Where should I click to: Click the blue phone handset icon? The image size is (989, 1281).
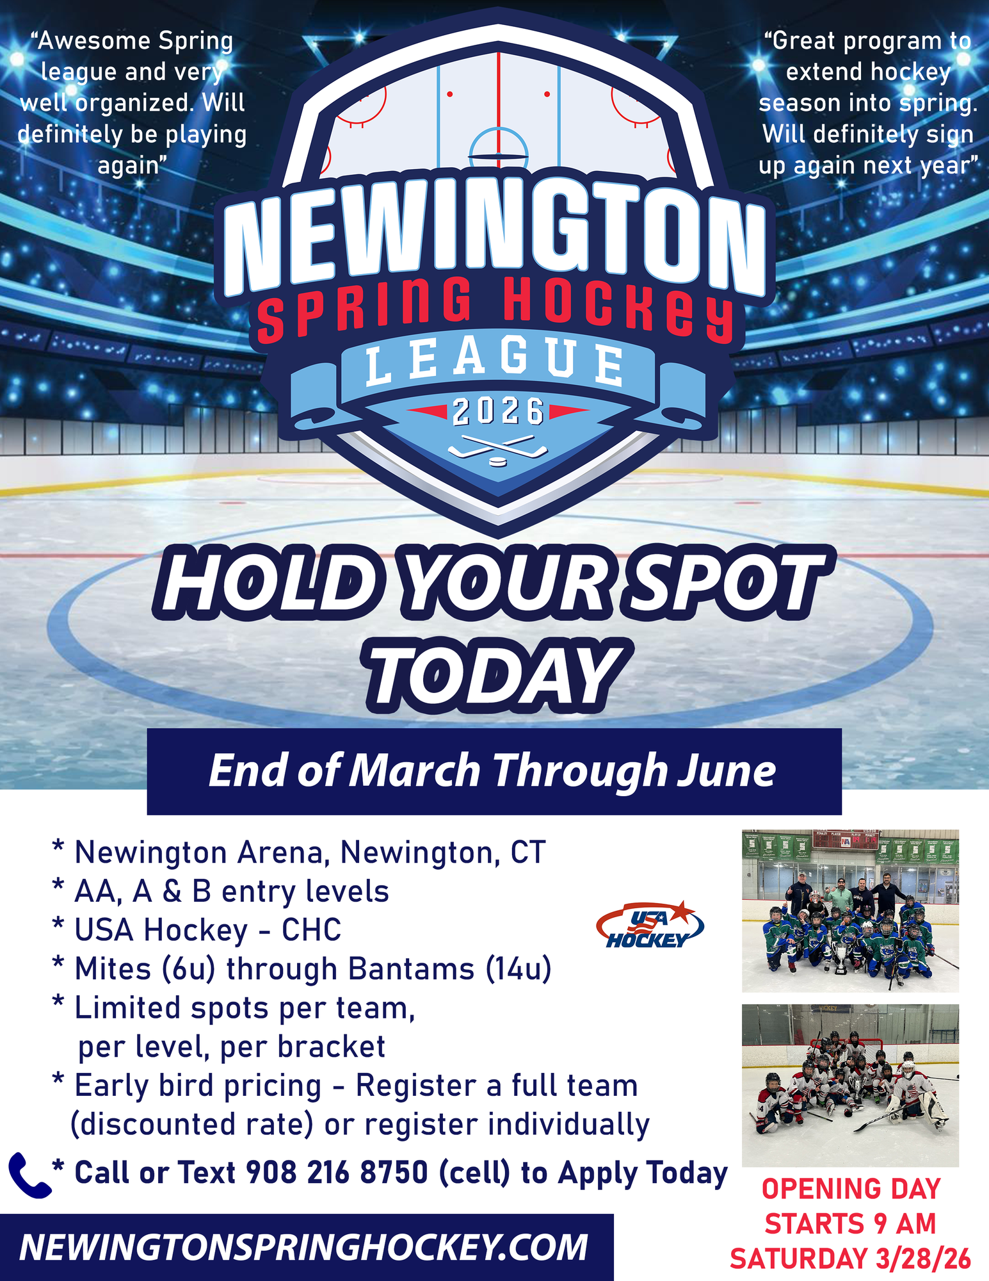coord(29,1175)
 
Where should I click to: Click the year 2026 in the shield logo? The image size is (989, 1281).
coord(498,412)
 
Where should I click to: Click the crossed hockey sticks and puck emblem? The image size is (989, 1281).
coord(497,450)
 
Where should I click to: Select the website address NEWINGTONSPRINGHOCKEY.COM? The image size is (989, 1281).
coord(303,1248)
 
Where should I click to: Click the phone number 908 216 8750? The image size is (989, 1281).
coord(337,1173)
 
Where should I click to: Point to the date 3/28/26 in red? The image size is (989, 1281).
coord(924,1259)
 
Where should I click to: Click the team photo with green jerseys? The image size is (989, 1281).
coord(850,911)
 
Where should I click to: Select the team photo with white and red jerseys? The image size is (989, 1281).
coord(850,1085)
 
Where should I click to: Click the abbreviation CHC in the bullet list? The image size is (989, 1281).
coord(311,930)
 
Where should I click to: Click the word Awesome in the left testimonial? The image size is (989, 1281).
coord(93,41)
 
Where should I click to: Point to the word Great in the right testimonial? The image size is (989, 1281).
coord(800,41)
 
